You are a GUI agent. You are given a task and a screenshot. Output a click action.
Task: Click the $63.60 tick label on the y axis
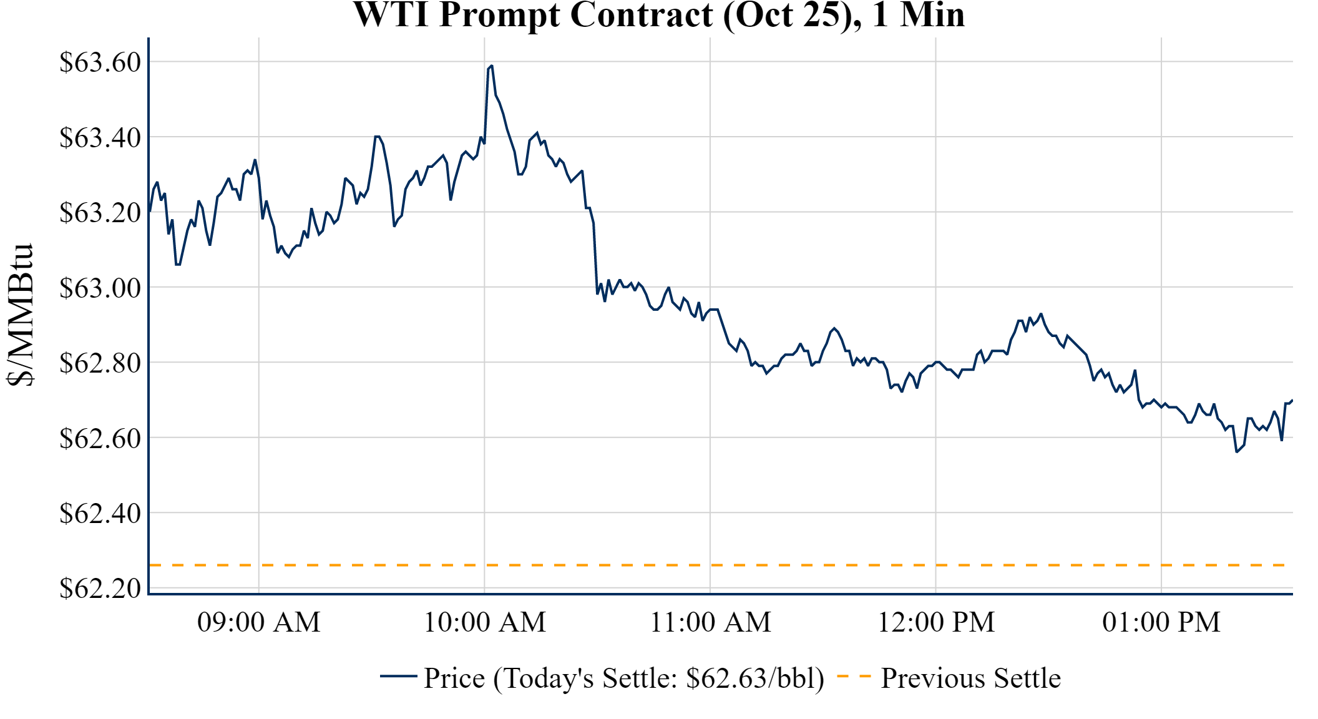(x=100, y=62)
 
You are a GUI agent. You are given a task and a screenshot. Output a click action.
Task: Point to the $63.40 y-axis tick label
(x=100, y=137)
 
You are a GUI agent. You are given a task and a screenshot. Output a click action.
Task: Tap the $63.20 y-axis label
(x=100, y=213)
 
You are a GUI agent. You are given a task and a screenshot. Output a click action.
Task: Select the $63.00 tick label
(x=100, y=288)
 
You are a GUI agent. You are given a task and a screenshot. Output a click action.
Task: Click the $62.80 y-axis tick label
(x=100, y=363)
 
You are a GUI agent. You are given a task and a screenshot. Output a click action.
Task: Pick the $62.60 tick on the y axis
(x=100, y=439)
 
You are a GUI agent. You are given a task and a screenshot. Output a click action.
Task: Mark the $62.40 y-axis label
(x=100, y=514)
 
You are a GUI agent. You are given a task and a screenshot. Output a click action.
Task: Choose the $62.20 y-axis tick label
(x=100, y=589)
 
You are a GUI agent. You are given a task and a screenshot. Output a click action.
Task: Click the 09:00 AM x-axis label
(x=259, y=622)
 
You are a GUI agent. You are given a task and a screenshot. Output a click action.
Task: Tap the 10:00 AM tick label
(x=485, y=622)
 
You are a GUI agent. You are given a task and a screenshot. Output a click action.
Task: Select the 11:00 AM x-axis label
(x=711, y=622)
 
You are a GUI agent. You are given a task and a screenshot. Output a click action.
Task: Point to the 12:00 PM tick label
(x=936, y=622)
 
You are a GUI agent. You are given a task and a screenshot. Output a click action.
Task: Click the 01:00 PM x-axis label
(x=1161, y=622)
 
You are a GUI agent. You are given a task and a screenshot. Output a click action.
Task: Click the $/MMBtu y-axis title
(x=20, y=315)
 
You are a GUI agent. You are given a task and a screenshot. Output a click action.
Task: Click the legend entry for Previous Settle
(x=970, y=678)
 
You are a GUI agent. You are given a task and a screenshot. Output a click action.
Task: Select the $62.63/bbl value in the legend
(x=754, y=678)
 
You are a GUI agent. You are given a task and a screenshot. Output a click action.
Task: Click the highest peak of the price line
(x=492, y=66)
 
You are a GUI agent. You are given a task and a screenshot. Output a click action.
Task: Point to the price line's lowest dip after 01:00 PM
(x=1236, y=451)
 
